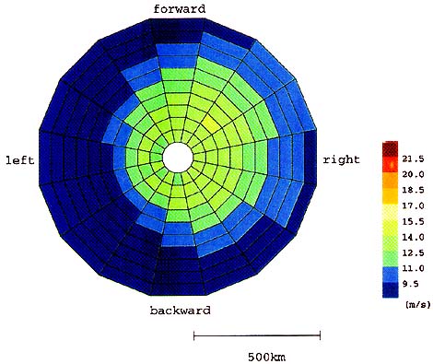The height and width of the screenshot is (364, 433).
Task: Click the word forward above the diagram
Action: [180, 9]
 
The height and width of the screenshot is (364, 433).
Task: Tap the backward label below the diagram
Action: [181, 311]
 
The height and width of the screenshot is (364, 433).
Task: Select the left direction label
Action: [20, 160]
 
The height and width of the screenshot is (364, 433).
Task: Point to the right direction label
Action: [341, 159]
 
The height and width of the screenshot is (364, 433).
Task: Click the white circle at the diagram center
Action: [178, 158]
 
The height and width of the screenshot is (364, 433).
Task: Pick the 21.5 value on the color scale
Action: [413, 159]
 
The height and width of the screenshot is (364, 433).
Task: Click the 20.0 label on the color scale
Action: [413, 174]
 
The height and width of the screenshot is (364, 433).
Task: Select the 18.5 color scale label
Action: [413, 190]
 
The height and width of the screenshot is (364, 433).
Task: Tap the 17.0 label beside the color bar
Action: [413, 205]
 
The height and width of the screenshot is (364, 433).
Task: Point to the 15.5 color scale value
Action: [413, 221]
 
